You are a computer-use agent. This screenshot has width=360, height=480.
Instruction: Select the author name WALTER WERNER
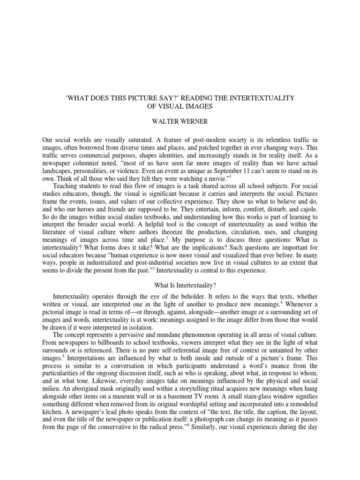point(180,121)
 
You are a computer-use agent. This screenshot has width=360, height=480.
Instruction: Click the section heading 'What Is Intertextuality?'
point(180,285)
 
